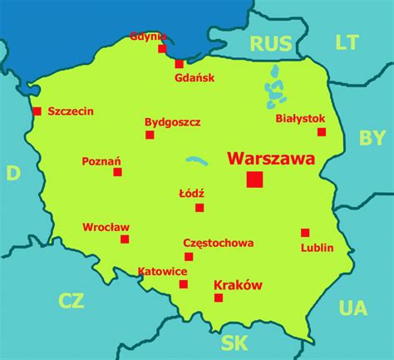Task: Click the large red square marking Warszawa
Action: [254, 179]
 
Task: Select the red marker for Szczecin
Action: [37, 111]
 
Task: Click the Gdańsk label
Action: [195, 78]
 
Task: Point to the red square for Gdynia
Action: [163, 48]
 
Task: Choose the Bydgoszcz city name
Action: [173, 121]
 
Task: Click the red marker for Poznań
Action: [118, 172]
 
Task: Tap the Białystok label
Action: [300, 119]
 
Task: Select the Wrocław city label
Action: [106, 226]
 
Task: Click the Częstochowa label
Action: [219, 244]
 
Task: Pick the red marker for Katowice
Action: [184, 284]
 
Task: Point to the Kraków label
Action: [238, 285]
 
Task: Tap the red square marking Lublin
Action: [305, 233]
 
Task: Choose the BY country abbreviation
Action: [372, 138]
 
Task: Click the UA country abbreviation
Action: [352, 308]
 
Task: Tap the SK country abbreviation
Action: [235, 342]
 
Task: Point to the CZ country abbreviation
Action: [71, 300]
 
